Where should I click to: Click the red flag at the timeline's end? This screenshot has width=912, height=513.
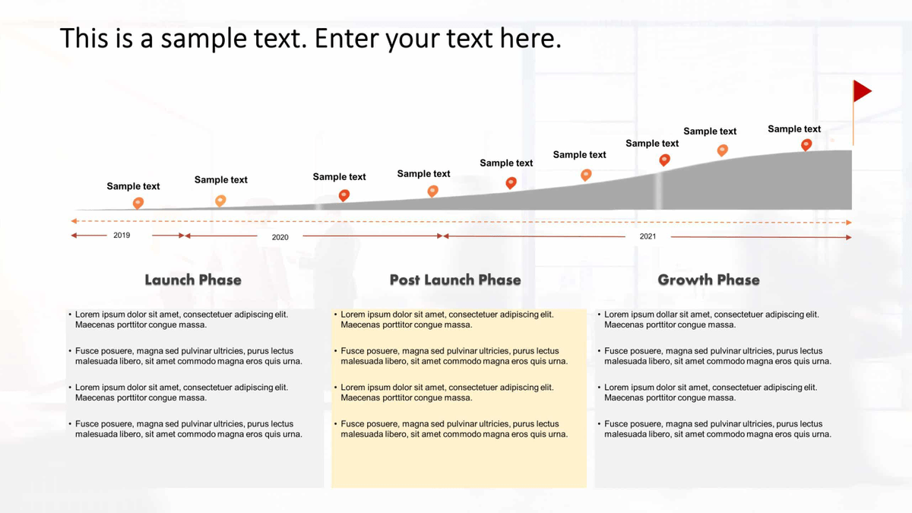click(861, 91)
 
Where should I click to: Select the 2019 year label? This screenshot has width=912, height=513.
click(122, 236)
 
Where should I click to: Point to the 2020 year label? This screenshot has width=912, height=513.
click(280, 237)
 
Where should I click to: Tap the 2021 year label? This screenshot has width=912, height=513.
click(648, 236)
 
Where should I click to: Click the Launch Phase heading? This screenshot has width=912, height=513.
click(193, 280)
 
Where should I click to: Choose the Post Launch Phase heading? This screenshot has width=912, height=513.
click(455, 280)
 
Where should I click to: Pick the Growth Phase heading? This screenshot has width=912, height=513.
click(708, 280)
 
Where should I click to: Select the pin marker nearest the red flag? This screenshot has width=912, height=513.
click(806, 144)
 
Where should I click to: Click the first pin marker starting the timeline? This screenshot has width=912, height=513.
click(138, 202)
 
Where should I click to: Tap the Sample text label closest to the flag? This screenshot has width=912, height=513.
click(794, 129)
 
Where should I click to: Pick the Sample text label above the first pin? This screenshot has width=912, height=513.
click(133, 186)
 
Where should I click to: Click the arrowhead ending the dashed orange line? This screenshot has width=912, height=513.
click(848, 222)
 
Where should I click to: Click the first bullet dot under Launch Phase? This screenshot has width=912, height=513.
click(70, 314)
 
